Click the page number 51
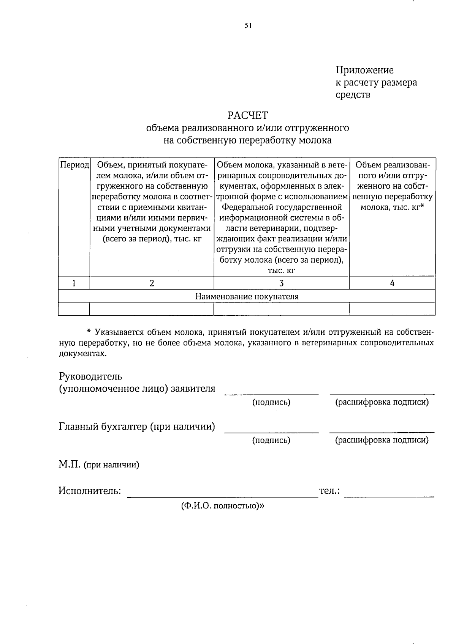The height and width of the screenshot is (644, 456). click(x=248, y=26)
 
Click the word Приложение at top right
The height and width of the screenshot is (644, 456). click(x=364, y=70)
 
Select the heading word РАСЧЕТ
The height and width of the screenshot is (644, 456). click(x=248, y=115)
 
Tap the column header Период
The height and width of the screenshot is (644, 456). click(x=74, y=165)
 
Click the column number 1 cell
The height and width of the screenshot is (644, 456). click(x=74, y=283)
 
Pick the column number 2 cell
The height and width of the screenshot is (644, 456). click(x=152, y=283)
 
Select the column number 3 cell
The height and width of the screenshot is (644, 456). click(x=281, y=283)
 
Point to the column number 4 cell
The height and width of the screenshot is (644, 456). click(x=392, y=283)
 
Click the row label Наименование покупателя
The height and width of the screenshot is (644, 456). click(x=247, y=296)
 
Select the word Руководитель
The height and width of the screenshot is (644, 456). click(x=90, y=376)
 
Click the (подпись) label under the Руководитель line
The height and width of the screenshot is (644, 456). click(x=271, y=402)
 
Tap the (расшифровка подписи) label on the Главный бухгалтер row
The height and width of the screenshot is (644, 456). click(x=382, y=440)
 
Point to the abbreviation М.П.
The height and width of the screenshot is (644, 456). click(x=69, y=464)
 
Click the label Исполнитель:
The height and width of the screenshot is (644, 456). click(x=90, y=491)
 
